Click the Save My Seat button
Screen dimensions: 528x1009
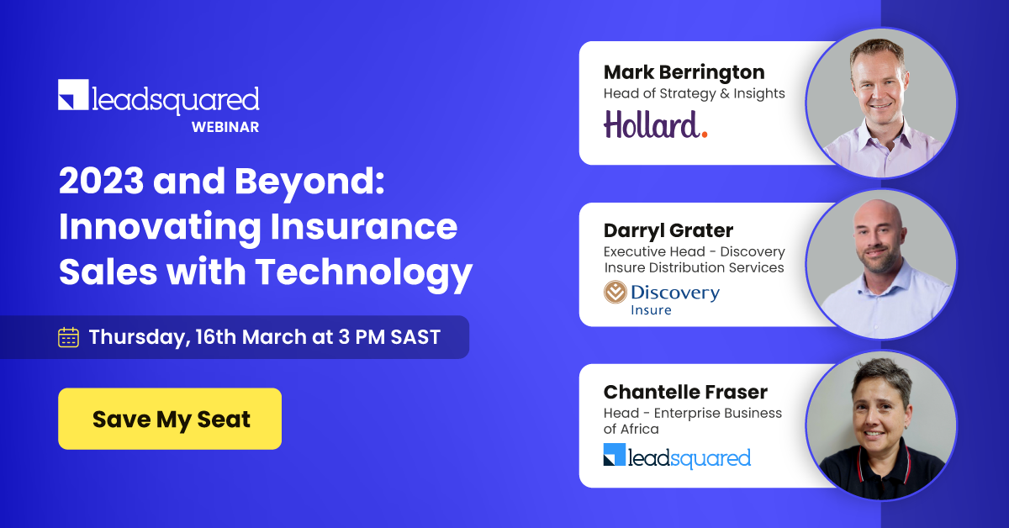click(x=170, y=419)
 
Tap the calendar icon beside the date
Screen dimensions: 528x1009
click(x=68, y=337)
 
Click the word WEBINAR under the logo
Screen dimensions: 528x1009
click(x=225, y=128)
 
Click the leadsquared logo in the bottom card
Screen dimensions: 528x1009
click(x=677, y=457)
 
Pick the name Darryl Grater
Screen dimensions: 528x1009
click(x=668, y=230)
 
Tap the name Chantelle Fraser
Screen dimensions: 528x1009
click(x=685, y=392)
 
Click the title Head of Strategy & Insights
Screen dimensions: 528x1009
click(x=694, y=93)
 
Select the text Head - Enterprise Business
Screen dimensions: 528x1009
click(x=692, y=413)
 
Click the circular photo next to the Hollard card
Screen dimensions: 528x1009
click(x=880, y=103)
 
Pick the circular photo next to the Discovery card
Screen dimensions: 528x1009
click(x=880, y=264)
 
